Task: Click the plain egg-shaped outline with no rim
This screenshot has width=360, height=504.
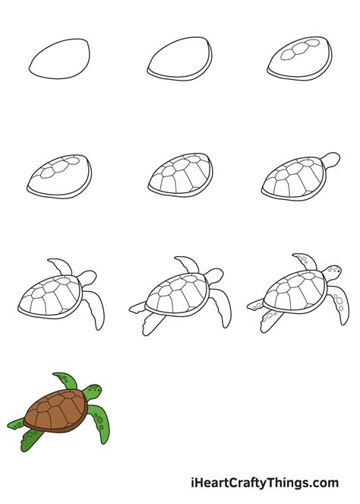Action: click(x=60, y=57)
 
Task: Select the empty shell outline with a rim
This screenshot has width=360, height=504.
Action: click(x=179, y=59)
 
